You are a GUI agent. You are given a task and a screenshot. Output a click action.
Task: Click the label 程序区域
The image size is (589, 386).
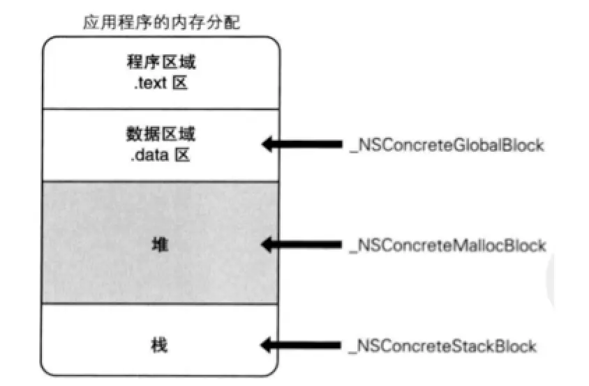pos(161,62)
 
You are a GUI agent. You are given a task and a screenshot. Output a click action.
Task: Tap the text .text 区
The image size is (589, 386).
pos(161,84)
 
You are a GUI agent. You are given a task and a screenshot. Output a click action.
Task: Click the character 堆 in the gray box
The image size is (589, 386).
pos(161,245)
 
